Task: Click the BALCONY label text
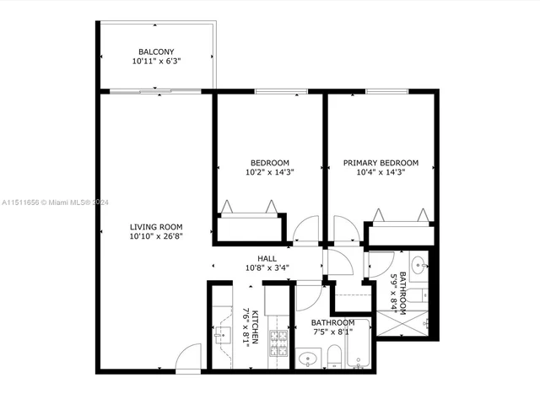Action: coord(156,51)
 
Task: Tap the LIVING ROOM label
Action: coord(156,226)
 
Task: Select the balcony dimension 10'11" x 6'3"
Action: coord(156,62)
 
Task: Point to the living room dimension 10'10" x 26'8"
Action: coord(156,236)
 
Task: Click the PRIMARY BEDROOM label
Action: coord(381,163)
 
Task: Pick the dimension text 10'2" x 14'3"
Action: coord(270,173)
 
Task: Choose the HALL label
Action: coord(267,259)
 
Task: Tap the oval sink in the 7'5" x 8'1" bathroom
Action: coord(307,359)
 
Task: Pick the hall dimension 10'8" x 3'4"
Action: coord(267,269)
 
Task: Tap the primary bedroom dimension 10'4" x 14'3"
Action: coord(381,173)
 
